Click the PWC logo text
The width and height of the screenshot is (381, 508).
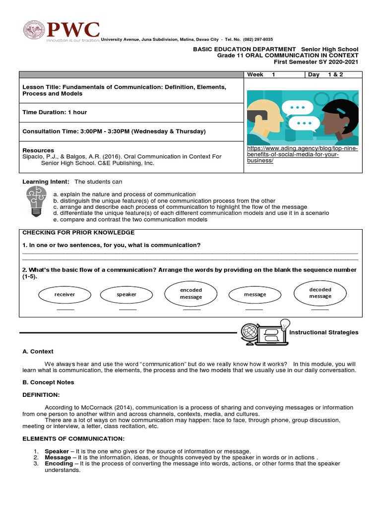(72, 30)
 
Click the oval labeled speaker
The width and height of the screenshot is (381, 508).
(127, 294)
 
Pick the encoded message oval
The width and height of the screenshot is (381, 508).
(191, 293)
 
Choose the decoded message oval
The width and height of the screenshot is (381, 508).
(320, 293)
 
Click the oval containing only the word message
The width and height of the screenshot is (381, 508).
(255, 294)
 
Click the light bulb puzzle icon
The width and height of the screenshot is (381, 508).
(36, 200)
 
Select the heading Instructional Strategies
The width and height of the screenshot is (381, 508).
(323, 332)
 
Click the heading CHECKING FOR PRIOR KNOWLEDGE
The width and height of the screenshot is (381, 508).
(78, 233)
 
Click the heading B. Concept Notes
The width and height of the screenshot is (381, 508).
(48, 382)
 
